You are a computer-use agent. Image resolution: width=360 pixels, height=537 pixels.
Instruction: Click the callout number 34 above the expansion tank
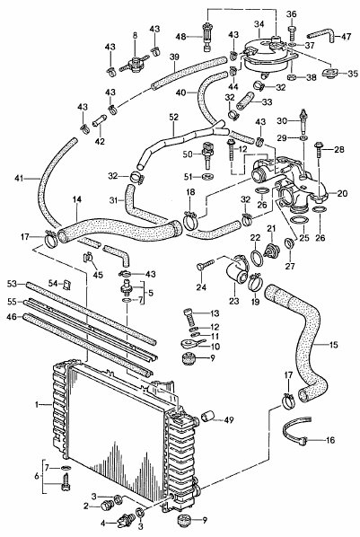(x=259, y=24)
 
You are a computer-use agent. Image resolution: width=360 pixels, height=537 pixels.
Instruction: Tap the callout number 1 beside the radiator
(x=37, y=405)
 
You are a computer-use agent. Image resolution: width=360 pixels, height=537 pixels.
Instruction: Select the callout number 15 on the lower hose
(x=333, y=344)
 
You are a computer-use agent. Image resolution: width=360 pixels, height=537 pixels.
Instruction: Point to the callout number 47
(x=347, y=37)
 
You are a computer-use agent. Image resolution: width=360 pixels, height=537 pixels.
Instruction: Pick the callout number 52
(x=173, y=117)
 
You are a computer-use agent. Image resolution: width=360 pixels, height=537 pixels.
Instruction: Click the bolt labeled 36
(x=292, y=30)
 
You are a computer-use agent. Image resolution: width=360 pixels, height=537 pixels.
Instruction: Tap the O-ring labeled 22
(x=257, y=258)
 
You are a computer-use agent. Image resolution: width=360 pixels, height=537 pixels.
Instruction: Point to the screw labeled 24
(x=206, y=265)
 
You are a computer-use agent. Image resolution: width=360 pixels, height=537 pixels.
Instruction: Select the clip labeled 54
(x=67, y=284)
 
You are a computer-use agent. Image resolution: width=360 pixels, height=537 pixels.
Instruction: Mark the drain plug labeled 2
(x=108, y=506)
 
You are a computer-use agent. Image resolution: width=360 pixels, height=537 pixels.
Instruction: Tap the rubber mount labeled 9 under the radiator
(x=184, y=520)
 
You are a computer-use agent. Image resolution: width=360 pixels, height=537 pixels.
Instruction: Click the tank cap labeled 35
(x=330, y=73)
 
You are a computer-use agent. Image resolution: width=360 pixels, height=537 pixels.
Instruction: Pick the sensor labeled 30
(x=303, y=122)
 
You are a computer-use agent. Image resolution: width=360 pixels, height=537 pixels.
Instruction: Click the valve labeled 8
(x=135, y=65)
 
